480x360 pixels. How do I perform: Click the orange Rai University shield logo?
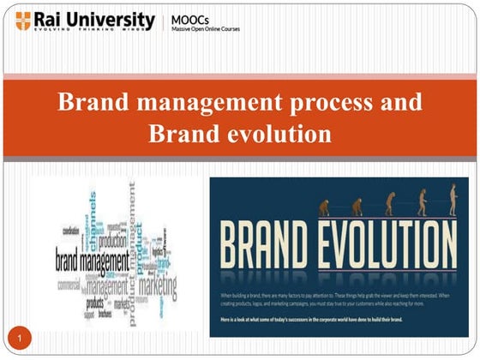coord(24,21)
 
